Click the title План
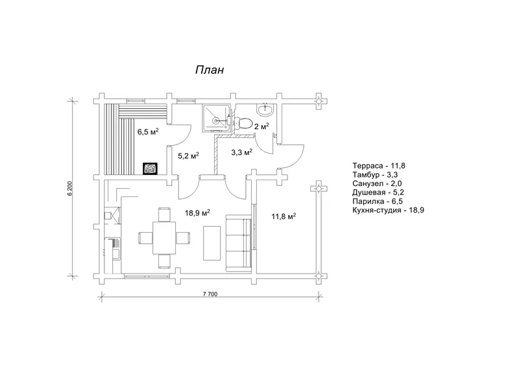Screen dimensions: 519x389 coord(209,70)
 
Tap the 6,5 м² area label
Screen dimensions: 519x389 coord(148,132)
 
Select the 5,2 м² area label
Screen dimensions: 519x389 coord(188,156)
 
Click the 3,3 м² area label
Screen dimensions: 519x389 coord(241,152)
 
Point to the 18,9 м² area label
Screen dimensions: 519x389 coord(198,213)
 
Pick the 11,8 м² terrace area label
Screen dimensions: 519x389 coord(284,217)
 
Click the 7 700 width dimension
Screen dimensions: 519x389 coord(210,294)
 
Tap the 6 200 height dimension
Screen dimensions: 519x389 coord(70,189)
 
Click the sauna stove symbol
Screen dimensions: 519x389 coord(150,169)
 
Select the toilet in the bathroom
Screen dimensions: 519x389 coord(242,123)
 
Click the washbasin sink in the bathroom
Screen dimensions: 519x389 coord(265,110)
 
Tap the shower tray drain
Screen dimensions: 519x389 coord(216,121)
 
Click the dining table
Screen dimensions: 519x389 coord(164,238)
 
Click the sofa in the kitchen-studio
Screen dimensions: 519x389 coord(239,243)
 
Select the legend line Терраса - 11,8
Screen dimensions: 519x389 coord(379,166)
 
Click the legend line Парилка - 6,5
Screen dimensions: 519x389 coord(378,202)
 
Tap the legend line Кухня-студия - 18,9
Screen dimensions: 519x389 coord(388,210)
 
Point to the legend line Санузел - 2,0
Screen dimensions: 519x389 coord(377,183)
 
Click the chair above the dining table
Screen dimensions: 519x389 coord(164,215)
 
